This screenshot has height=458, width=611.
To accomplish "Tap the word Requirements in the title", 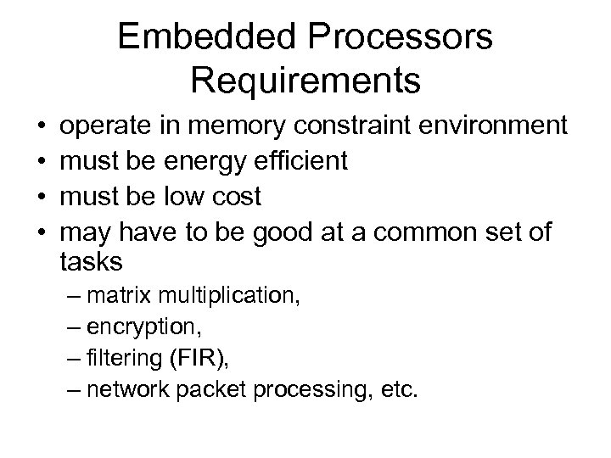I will tap(305, 81).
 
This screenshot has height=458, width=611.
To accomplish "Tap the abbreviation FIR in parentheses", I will tap(199, 360).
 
